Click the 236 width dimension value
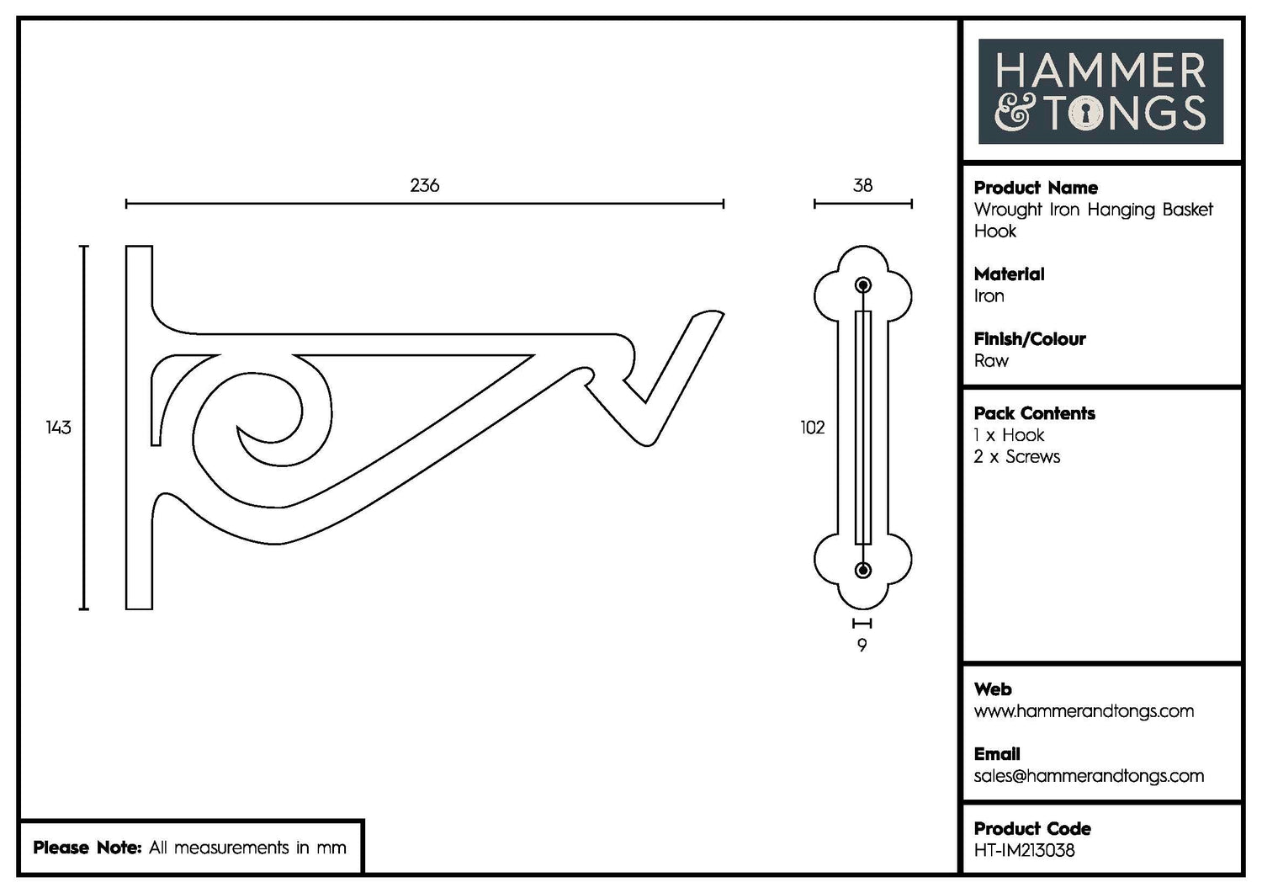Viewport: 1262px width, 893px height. point(424,185)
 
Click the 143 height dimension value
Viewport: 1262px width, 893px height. point(58,428)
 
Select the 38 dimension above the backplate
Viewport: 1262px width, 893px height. point(862,185)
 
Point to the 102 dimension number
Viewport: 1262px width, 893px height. point(812,428)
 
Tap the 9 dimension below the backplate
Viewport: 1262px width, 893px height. point(862,646)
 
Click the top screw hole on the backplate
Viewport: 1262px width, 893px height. point(862,285)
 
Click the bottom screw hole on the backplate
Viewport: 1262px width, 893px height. point(862,571)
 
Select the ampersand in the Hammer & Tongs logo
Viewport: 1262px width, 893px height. point(1013,114)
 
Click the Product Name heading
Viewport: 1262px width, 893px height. point(1035,188)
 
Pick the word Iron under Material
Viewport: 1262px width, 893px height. point(989,296)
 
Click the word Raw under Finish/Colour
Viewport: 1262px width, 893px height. point(990,361)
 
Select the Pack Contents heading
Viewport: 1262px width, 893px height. point(1034,413)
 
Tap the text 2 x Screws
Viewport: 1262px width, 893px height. point(1016,457)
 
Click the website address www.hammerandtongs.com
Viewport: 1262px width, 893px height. point(1083,711)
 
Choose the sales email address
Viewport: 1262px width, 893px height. point(1088,776)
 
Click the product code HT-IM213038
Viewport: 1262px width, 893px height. point(1024,851)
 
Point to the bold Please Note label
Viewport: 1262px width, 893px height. point(87,848)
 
